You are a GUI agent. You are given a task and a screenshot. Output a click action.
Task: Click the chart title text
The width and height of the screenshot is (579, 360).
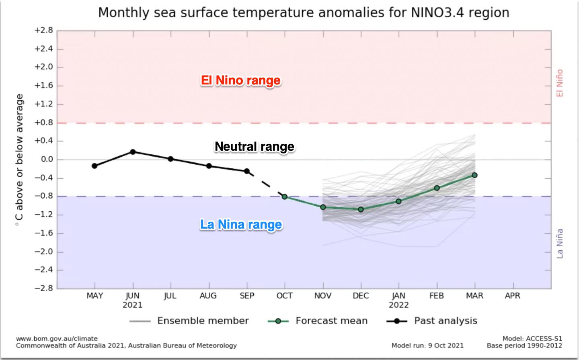pos(304,13)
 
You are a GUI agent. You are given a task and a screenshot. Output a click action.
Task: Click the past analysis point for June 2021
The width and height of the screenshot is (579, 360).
pos(133,152)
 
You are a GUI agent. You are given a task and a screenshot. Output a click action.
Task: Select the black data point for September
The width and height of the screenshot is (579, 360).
pos(246,171)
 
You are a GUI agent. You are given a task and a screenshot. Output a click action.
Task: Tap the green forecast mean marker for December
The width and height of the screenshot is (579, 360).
pos(361,209)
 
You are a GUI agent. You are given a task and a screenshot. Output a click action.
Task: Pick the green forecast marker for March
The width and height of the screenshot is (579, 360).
pos(474,175)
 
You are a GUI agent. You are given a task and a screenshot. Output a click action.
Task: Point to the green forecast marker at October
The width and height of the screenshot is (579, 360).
pos(285,197)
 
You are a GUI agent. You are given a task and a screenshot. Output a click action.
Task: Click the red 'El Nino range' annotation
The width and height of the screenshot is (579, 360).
pos(241,80)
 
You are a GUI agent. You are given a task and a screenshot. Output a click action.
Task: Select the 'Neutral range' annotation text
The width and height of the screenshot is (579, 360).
pos(255,146)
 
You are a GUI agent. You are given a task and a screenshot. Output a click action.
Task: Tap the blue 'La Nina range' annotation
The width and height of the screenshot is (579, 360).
pos(241,224)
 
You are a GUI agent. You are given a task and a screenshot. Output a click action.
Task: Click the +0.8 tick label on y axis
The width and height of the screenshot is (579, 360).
pos(44,123)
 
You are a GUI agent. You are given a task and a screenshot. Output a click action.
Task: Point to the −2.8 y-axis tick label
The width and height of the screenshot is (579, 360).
pos(44,288)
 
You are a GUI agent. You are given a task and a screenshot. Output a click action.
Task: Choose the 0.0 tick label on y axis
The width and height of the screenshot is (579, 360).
pos(47,160)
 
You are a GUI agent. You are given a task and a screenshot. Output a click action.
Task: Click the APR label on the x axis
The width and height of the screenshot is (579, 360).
pos(513,296)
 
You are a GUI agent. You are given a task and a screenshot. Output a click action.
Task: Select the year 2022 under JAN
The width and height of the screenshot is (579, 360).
pos(398,305)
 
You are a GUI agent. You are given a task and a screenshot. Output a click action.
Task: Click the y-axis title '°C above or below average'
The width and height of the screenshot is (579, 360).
pos(19,160)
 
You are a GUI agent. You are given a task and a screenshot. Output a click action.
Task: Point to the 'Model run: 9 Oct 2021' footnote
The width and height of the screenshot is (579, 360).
pos(427,346)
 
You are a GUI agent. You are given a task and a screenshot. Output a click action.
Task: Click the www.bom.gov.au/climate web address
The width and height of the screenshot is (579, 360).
pos(57,339)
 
